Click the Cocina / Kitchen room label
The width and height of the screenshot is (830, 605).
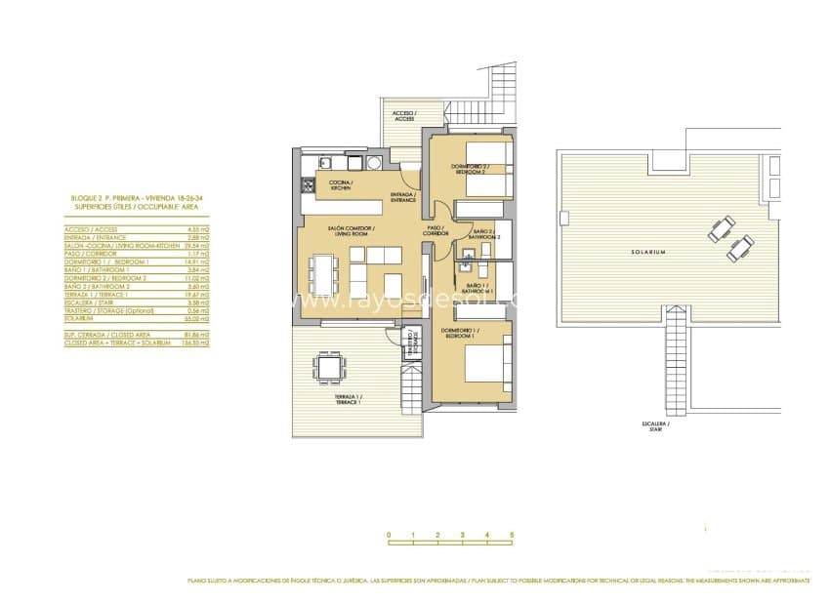pyautogui.click(x=340, y=185)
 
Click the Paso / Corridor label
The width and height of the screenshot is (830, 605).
pyautogui.click(x=436, y=231)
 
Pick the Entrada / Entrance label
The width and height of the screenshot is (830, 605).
pyautogui.click(x=403, y=197)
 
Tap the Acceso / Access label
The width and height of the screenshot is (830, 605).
pyautogui.click(x=404, y=116)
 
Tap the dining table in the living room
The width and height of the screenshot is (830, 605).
pyautogui.click(x=323, y=273)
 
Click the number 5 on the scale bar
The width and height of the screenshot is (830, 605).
pyautogui.click(x=511, y=535)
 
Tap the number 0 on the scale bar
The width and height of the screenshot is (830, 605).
pyautogui.click(x=389, y=535)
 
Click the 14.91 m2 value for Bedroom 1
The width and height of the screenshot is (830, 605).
pyautogui.click(x=199, y=262)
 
